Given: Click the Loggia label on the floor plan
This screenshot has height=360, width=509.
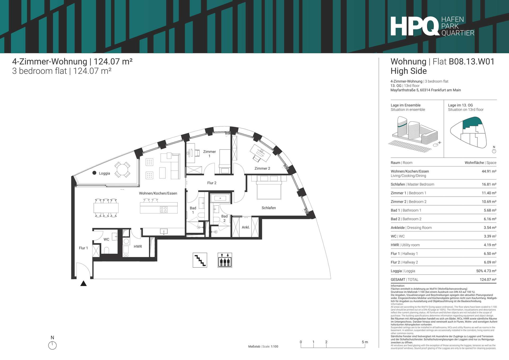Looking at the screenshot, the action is (104, 173).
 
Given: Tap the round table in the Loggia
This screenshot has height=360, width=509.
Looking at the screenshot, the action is (122, 170).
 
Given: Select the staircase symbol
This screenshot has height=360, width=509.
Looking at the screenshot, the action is (200, 260).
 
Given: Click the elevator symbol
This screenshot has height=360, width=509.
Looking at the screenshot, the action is (225, 260).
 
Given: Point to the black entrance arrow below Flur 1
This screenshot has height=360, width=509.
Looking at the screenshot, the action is (84, 283).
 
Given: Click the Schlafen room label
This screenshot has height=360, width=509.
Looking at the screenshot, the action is (269, 208).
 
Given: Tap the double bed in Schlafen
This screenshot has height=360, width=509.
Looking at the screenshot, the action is (269, 187).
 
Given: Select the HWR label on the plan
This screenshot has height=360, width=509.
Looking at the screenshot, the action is (138, 247).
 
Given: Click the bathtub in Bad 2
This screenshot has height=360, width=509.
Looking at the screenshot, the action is (220, 198).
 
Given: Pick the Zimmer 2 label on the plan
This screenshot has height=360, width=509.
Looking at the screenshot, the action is (262, 168).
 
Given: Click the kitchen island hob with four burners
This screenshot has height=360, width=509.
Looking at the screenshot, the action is (164, 210).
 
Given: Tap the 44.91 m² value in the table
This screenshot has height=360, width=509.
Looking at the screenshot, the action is (489, 171).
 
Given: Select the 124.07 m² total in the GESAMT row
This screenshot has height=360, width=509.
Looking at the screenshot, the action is (488, 279).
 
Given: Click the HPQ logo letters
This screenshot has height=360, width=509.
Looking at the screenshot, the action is (415, 26).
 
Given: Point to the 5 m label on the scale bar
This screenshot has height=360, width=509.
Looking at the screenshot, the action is (365, 342).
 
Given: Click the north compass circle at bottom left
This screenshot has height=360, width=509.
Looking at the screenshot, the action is (52, 345).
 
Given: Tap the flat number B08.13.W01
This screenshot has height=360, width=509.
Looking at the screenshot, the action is (471, 62).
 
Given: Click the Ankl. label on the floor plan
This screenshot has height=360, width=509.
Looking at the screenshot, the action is (246, 227).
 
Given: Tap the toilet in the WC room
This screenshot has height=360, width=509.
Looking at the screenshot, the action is (106, 251).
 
